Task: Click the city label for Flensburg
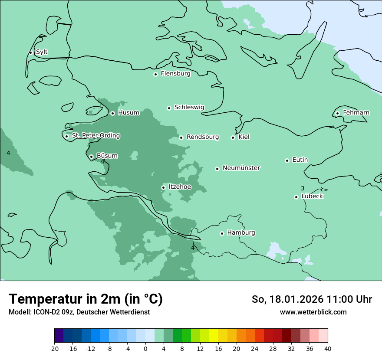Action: pyautogui.click(x=175, y=74)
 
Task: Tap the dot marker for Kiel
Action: pyautogui.click(x=233, y=137)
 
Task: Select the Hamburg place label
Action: pyautogui.click(x=241, y=233)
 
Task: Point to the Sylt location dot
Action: pyautogui.click(x=30, y=52)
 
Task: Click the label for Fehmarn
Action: pyautogui.click(x=356, y=113)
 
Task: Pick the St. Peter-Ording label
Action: pyautogui.click(x=96, y=136)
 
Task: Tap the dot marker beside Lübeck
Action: pyautogui.click(x=296, y=197)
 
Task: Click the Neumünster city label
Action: pyautogui.click(x=241, y=168)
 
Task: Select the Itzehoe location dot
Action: pyautogui.click(x=163, y=187)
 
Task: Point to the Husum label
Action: pyautogui.click(x=128, y=113)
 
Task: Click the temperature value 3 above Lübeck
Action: pyautogui.click(x=303, y=188)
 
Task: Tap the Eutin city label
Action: pyautogui.click(x=300, y=160)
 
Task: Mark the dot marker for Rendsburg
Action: pyautogui.click(x=181, y=137)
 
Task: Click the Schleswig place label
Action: pyautogui.click(x=189, y=107)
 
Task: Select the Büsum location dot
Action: pyautogui.click(x=91, y=157)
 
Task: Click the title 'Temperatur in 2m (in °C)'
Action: pyautogui.click(x=86, y=299)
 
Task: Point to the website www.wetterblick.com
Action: pyautogui.click(x=313, y=312)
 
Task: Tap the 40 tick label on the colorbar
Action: pyautogui.click(x=328, y=348)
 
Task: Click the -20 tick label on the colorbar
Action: pyautogui.click(x=54, y=348)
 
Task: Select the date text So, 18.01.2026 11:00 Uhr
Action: pyautogui.click(x=312, y=299)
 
